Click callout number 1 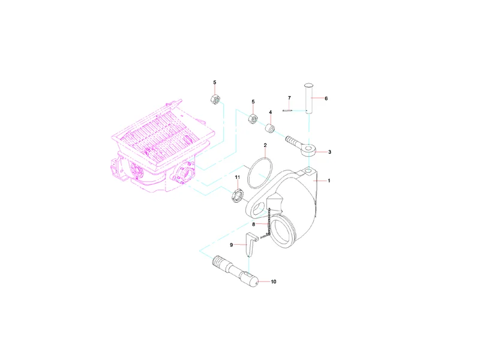point(329,181)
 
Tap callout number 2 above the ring point(265,145)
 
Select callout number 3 point(329,152)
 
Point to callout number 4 point(271,112)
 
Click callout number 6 point(326,98)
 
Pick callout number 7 point(289,98)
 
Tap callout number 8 point(253,224)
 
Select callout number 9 point(232,245)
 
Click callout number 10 point(274,281)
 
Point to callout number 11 point(238,177)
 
